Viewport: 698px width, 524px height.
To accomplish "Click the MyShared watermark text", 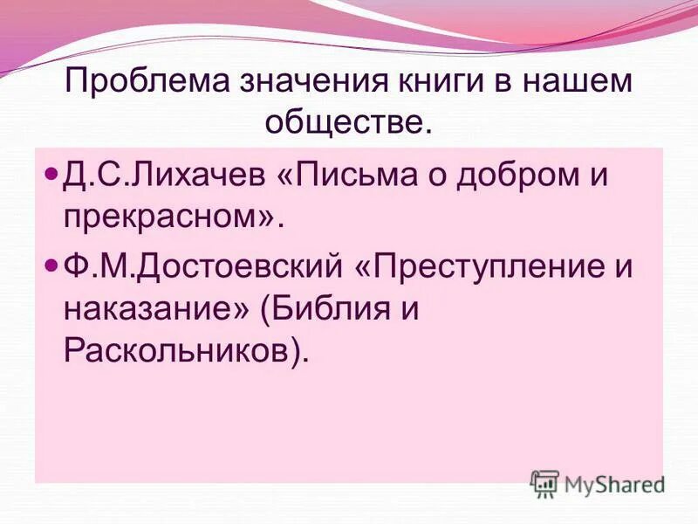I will [614, 483].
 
